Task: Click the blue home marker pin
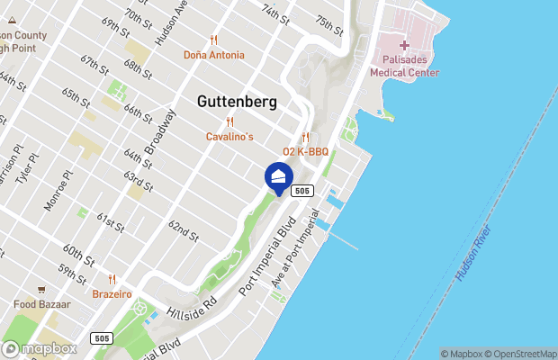click(279, 176)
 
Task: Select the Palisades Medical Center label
click(403, 67)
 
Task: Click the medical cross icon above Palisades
click(404, 45)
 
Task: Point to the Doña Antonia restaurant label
click(213, 54)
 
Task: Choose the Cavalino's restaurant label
click(229, 136)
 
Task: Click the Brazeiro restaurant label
click(112, 293)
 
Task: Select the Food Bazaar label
click(41, 305)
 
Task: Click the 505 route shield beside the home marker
click(302, 190)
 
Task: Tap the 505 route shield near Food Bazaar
click(102, 337)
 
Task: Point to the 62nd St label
click(183, 230)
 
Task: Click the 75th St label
click(328, 24)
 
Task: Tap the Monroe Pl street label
click(57, 191)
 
